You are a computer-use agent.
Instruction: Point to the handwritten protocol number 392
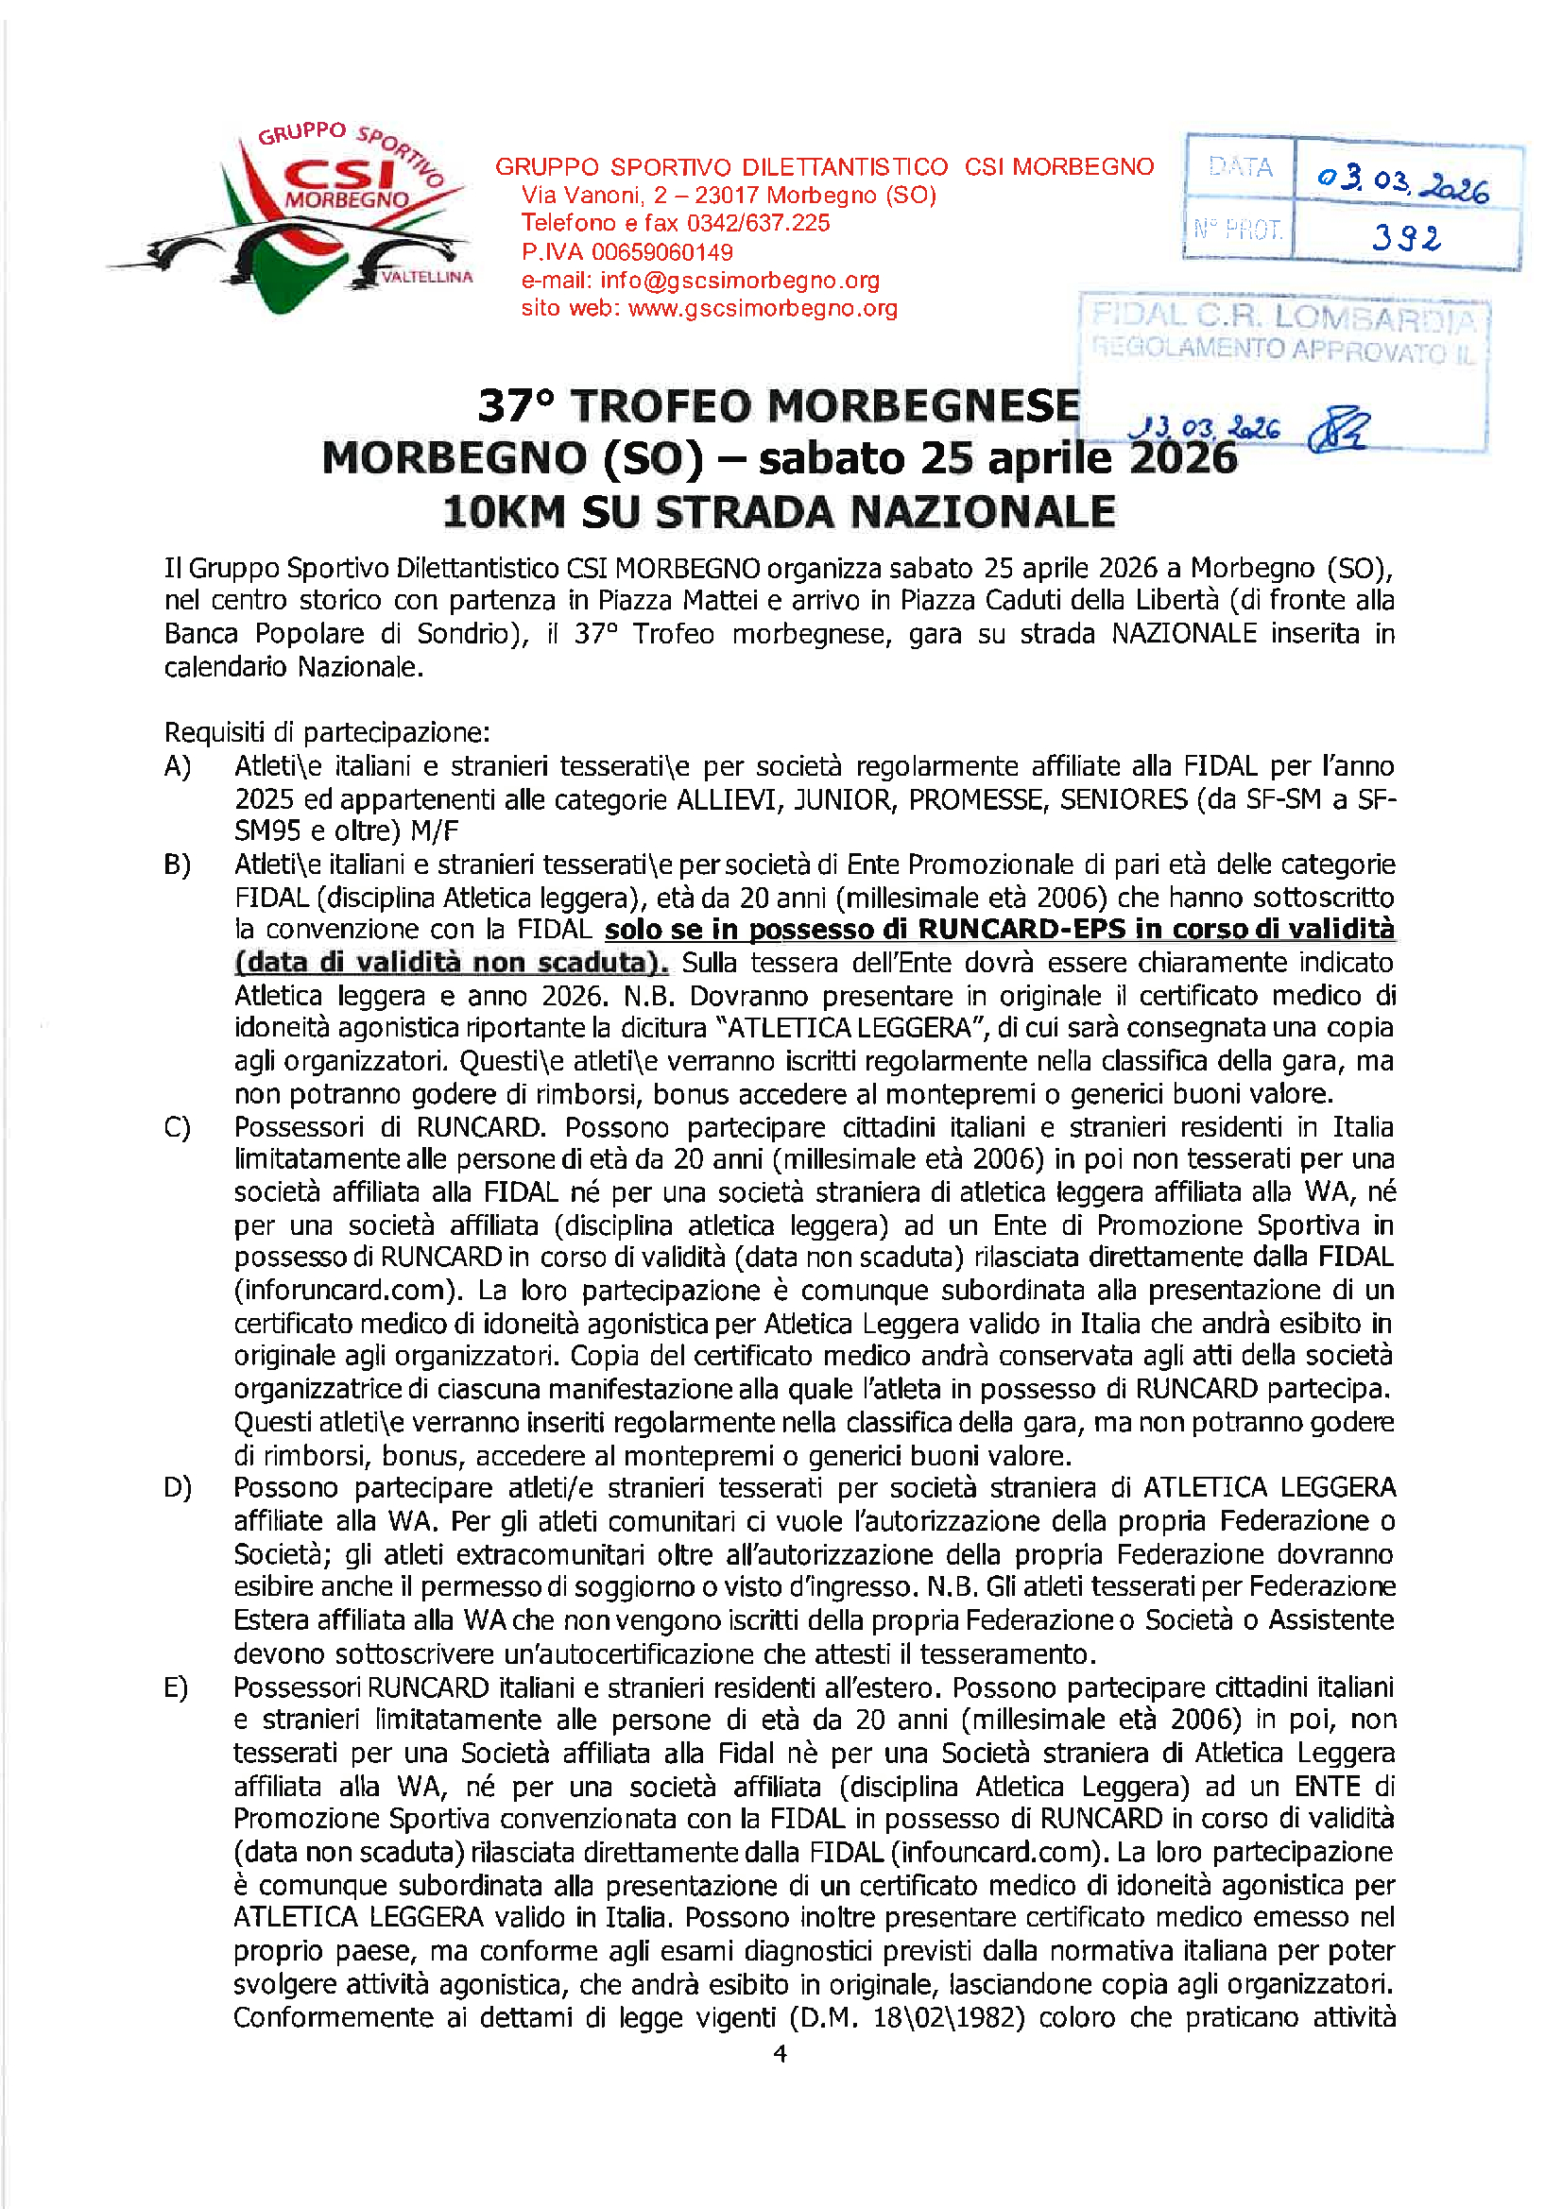(1406, 236)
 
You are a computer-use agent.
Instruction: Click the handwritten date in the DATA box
(1403, 181)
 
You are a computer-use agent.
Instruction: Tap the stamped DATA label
(1241, 168)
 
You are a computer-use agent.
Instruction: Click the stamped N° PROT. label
(1238, 230)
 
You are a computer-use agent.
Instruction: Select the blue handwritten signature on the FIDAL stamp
(1340, 429)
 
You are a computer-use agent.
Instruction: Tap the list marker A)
(178, 767)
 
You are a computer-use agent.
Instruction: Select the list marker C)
(178, 1127)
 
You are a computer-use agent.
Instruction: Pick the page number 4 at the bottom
(781, 2054)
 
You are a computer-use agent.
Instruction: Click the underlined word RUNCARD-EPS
(1021, 930)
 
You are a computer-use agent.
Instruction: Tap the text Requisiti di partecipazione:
(327, 733)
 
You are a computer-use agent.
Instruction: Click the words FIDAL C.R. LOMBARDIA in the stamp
(1283, 317)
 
